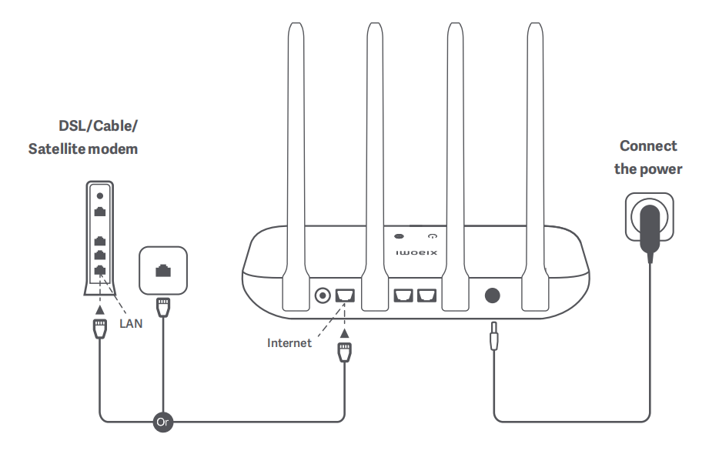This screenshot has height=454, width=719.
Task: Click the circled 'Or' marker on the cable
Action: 162,422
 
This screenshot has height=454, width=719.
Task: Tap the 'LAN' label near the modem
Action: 132,323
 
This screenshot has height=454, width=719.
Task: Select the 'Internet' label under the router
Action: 289,343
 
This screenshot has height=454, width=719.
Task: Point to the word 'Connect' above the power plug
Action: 648,146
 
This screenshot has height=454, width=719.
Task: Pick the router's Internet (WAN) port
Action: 344,295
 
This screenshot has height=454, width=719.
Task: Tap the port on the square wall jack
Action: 162,270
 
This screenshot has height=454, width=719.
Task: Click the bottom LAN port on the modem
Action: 99,270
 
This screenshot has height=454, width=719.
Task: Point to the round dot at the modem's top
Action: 99,196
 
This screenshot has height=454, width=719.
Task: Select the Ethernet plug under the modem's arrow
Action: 99,331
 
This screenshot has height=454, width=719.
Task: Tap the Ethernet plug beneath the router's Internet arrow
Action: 344,354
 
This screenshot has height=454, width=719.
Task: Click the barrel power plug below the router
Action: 492,337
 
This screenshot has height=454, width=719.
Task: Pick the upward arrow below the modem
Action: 99,310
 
